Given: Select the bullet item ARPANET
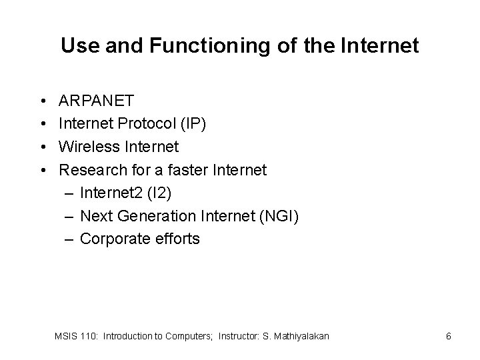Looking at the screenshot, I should pos(97,101).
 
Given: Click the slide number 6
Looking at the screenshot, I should pos(449,337).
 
